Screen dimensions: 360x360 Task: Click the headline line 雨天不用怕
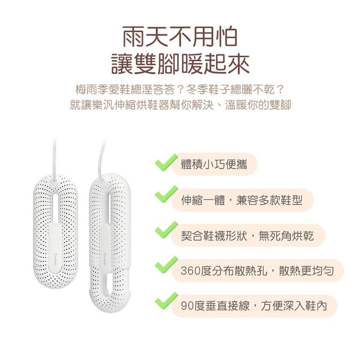click(x=180, y=37)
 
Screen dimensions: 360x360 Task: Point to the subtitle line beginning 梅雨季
click(x=180, y=89)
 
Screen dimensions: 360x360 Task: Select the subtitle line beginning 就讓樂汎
click(x=180, y=105)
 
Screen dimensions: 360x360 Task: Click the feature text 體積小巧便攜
click(x=214, y=165)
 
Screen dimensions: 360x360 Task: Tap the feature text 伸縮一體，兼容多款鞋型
click(x=241, y=200)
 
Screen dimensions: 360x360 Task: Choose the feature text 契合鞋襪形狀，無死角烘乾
click(x=247, y=236)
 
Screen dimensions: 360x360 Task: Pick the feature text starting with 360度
click(x=257, y=271)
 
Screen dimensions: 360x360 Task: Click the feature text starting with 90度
click(x=254, y=306)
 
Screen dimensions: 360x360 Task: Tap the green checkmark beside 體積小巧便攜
click(x=166, y=163)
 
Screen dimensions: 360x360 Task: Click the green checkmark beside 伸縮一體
click(x=166, y=194)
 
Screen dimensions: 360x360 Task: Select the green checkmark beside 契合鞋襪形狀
click(x=166, y=230)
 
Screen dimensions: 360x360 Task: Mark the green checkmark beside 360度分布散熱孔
click(x=166, y=265)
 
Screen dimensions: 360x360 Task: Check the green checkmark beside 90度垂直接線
click(x=166, y=301)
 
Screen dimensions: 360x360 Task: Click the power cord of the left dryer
click(x=55, y=158)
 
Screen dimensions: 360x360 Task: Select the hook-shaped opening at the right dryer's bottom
click(x=109, y=284)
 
